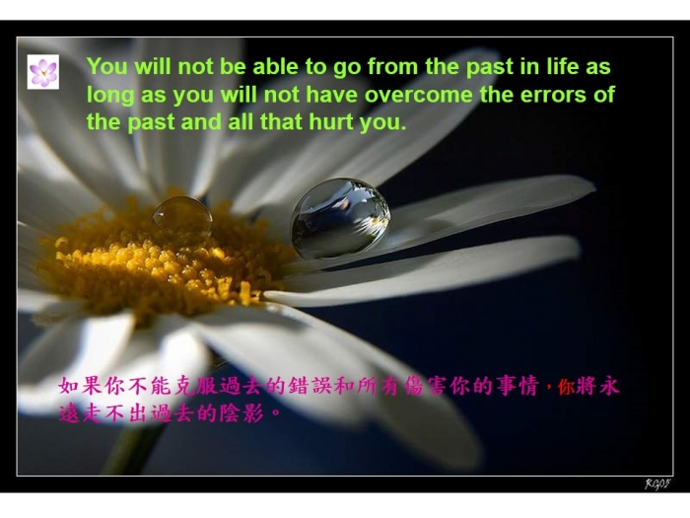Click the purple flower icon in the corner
pos(43,72)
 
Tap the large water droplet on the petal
pos(340,218)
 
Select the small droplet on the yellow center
pos(182,218)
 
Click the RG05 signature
pos(657,483)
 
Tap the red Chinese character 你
pos(567,387)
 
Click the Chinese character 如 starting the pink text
pos(69,386)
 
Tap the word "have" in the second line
pos(332,95)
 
